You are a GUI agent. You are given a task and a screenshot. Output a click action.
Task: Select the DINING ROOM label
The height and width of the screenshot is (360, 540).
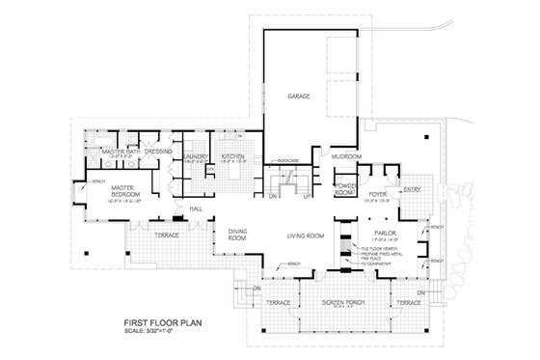tap(238, 233)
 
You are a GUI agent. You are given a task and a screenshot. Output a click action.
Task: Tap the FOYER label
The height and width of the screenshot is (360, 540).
tap(377, 193)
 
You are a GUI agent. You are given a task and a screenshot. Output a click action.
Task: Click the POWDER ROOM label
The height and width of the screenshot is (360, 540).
tap(345, 188)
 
